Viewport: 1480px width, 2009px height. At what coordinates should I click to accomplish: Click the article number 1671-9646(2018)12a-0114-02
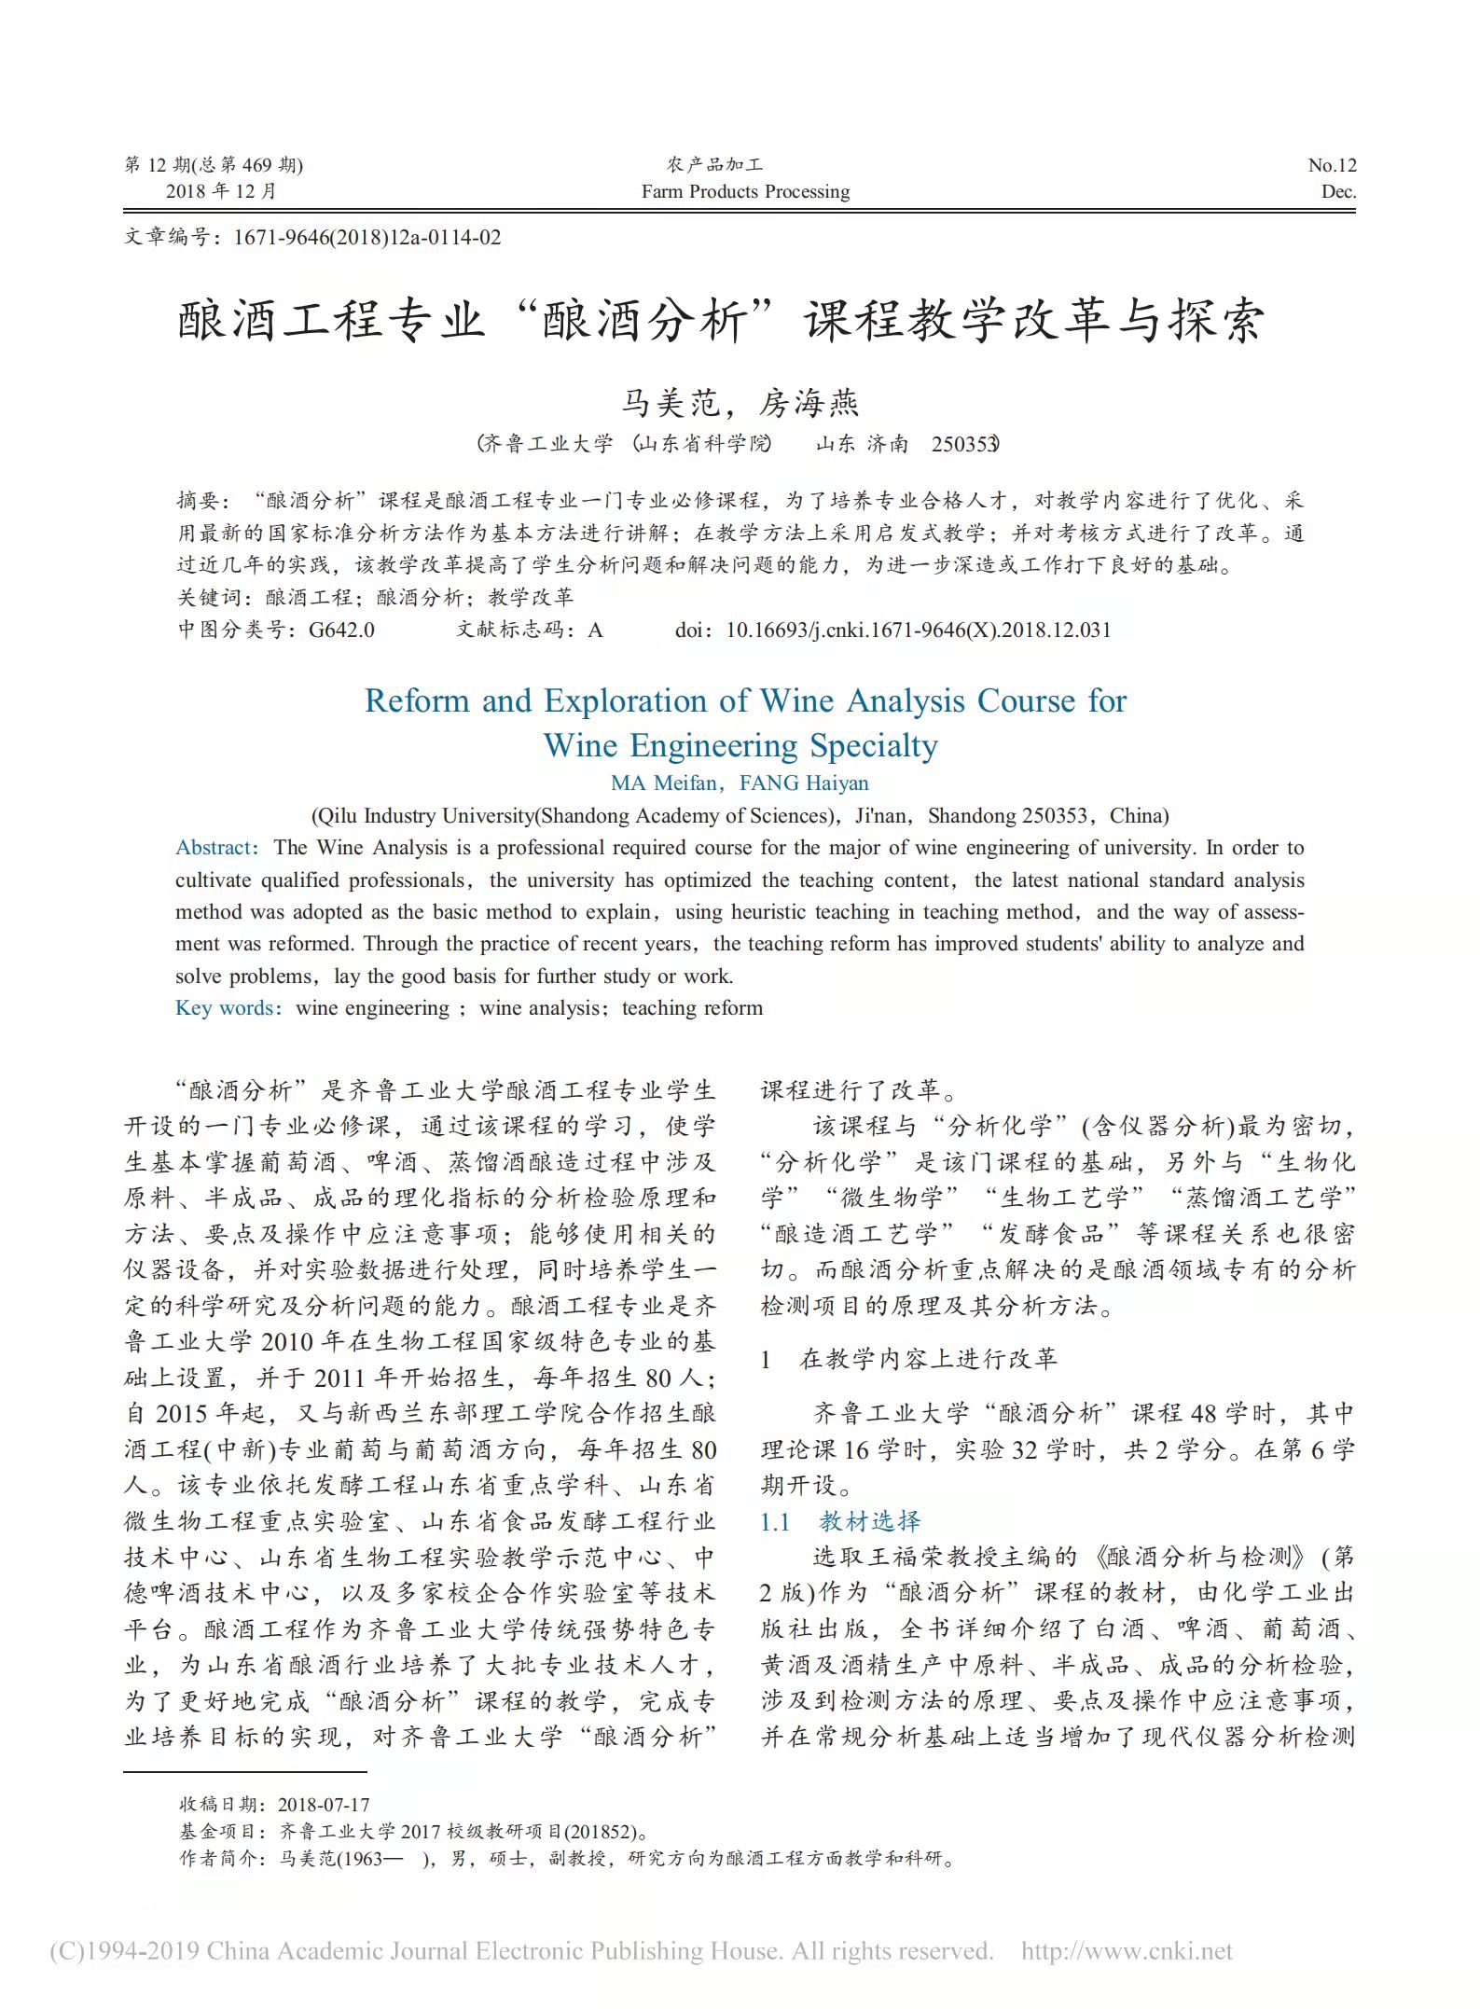pos(367,238)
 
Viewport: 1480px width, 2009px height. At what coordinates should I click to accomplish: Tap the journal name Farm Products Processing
pos(745,192)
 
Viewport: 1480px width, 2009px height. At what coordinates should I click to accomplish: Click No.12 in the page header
pos(1332,166)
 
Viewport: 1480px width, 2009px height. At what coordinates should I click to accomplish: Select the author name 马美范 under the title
pos(670,404)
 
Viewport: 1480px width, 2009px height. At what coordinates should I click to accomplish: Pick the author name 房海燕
pos(808,404)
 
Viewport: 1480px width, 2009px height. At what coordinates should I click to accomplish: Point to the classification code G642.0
pos(341,630)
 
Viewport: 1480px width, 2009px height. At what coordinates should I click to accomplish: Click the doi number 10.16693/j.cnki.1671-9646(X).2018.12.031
pos(918,630)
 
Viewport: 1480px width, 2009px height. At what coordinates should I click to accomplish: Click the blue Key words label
pos(227,1008)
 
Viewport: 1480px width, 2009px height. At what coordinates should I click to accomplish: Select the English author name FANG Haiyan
pos(804,783)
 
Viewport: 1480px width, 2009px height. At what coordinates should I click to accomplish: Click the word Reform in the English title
pos(419,701)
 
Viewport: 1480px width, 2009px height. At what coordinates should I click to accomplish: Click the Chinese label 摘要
pos(199,502)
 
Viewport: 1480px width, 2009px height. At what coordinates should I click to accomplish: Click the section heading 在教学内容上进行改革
pos(928,1360)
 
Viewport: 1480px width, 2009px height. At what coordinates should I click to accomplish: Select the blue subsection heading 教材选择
pos(869,1522)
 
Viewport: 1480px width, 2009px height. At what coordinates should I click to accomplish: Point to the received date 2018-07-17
pos(323,1805)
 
